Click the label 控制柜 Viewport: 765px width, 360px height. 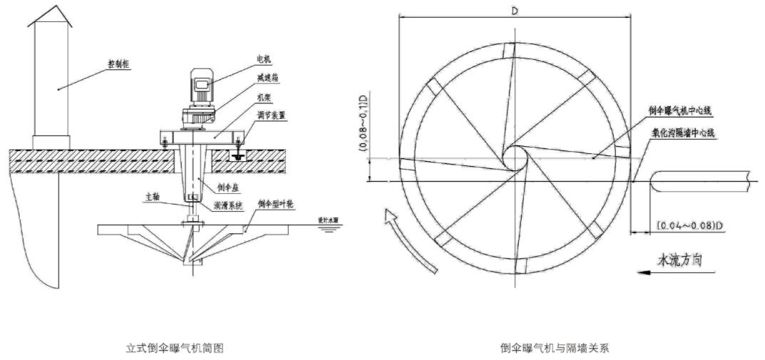click(118, 63)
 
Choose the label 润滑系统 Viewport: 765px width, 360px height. click(230, 205)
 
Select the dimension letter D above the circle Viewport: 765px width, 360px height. click(515, 9)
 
